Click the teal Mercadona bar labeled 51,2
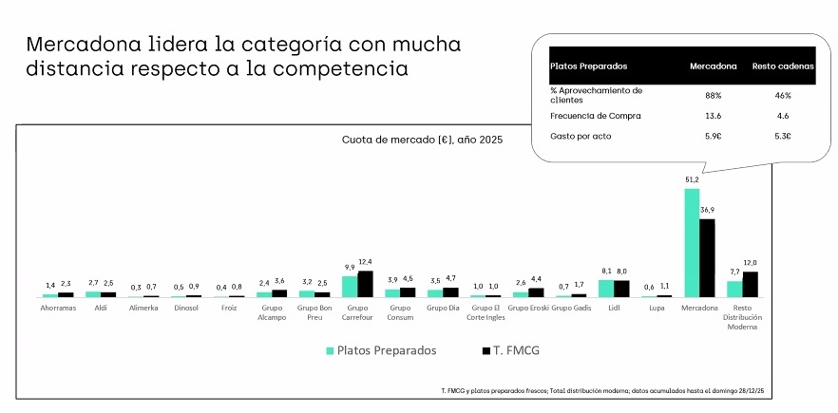pos(692,242)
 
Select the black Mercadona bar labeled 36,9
pos(707,258)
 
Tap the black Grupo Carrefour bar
pos(365,284)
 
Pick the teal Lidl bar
pos(606,289)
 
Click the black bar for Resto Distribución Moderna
pos(750,285)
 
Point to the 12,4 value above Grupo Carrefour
pos(366,262)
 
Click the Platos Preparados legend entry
pos(381,350)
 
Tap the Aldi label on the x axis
pos(101,309)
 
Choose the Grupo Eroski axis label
pos(529,309)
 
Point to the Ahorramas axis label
pos(58,309)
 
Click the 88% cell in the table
pos(714,95)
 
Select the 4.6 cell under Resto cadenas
pos(783,116)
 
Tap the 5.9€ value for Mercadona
pos(714,137)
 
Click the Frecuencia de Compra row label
pos(597,116)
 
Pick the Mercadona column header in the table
pos(714,66)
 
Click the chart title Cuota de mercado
pos(422,140)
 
